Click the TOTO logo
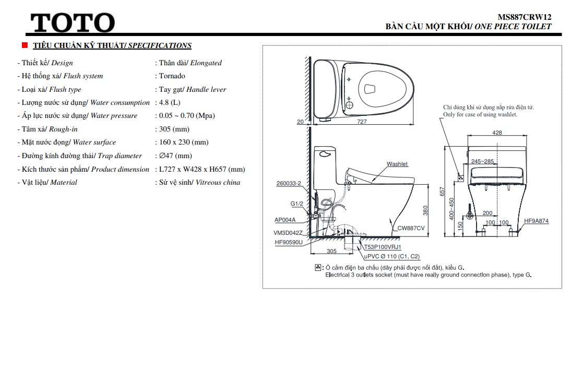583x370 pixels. [73, 23]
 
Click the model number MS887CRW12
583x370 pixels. [525, 17]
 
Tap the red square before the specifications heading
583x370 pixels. [25, 45]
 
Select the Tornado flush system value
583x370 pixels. [172, 76]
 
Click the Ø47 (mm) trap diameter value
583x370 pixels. [174, 156]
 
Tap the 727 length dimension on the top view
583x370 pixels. [362, 122]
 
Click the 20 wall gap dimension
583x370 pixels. [300, 122]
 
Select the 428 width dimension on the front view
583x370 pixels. [497, 133]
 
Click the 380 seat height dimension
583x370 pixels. [425, 210]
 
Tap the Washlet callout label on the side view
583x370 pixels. [397, 164]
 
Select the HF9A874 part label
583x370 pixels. [537, 221]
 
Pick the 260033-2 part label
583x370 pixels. [288, 184]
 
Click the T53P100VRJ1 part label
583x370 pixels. [383, 247]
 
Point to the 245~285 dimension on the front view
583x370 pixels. [482, 162]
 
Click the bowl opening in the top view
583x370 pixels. [370, 89]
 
